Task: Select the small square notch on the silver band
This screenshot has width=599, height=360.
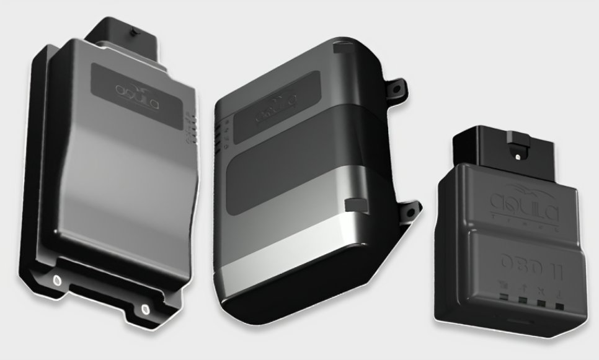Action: point(353,204)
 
